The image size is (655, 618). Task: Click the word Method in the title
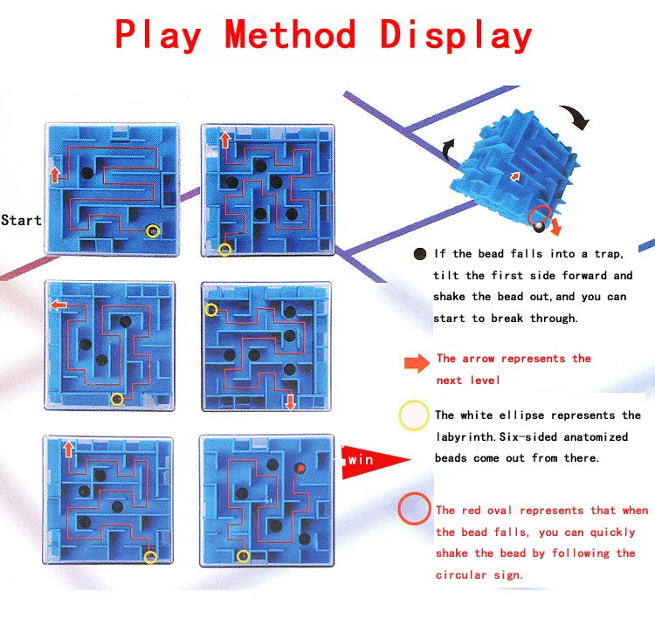[x=290, y=36]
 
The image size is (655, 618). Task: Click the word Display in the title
[x=456, y=36]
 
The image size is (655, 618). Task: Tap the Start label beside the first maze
[x=21, y=220]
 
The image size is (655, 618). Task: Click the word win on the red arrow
[x=360, y=458]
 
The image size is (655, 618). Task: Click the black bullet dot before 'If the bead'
[x=420, y=254]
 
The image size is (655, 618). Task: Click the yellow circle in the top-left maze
[x=153, y=231]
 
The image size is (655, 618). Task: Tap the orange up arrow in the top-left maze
[x=55, y=174]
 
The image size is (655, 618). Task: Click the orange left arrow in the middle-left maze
[x=59, y=306]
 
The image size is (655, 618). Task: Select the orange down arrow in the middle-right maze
[x=290, y=401]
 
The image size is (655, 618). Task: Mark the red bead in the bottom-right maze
[x=300, y=469]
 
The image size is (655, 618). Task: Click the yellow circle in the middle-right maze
[x=211, y=310]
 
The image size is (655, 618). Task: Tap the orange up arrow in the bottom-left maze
[x=69, y=450]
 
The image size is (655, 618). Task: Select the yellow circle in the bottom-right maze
[x=243, y=556]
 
